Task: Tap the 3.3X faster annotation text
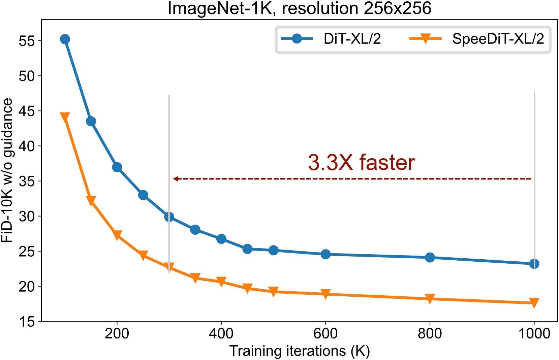[x=361, y=163]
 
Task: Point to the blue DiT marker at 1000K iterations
[x=534, y=264]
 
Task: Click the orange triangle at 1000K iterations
[x=534, y=302]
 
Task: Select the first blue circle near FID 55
[x=65, y=39]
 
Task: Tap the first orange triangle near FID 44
[x=65, y=117]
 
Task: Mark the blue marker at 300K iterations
[x=169, y=217]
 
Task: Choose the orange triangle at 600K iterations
[x=325, y=294]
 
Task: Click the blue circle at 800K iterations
[x=430, y=258]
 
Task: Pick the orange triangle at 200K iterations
[x=117, y=235]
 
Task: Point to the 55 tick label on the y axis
[x=27, y=41]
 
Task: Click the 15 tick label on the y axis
[x=27, y=322]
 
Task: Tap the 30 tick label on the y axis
[x=27, y=217]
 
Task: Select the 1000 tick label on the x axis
[x=534, y=334]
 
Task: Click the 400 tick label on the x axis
[x=221, y=334]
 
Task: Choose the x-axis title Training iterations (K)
[x=300, y=351]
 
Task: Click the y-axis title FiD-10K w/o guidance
[x=7, y=170]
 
